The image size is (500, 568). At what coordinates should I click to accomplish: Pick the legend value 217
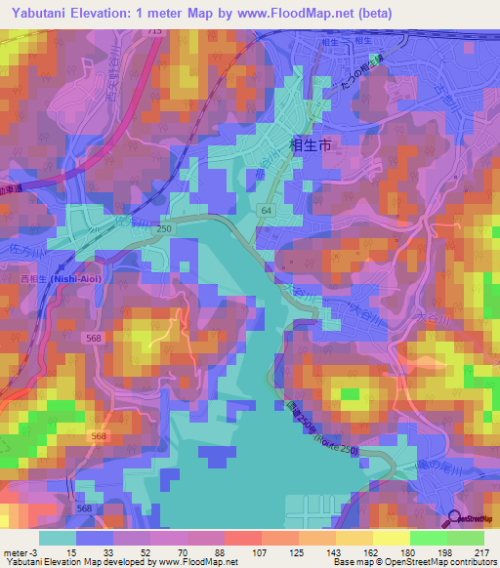480,552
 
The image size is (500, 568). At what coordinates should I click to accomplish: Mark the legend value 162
369,552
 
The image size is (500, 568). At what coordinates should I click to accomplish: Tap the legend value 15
72,552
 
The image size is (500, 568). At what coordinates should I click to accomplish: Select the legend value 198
442,552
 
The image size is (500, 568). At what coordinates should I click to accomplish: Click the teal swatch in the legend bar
59,538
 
